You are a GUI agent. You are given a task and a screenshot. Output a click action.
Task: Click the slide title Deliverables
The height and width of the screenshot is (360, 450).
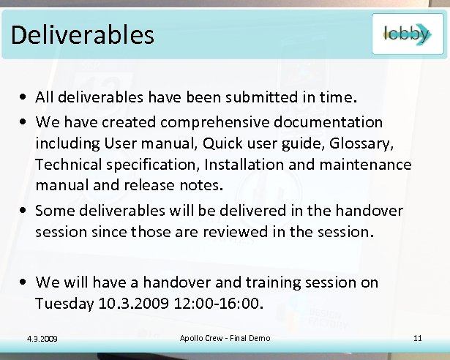coord(83,34)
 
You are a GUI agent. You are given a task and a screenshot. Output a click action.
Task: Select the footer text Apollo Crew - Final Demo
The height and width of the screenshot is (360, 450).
coord(225,338)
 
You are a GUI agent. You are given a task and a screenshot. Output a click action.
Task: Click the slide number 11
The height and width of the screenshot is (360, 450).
coord(418,338)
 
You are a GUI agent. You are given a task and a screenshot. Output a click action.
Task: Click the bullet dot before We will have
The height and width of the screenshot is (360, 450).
coord(25,282)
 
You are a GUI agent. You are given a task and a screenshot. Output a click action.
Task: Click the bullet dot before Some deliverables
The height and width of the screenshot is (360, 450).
coord(25,211)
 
